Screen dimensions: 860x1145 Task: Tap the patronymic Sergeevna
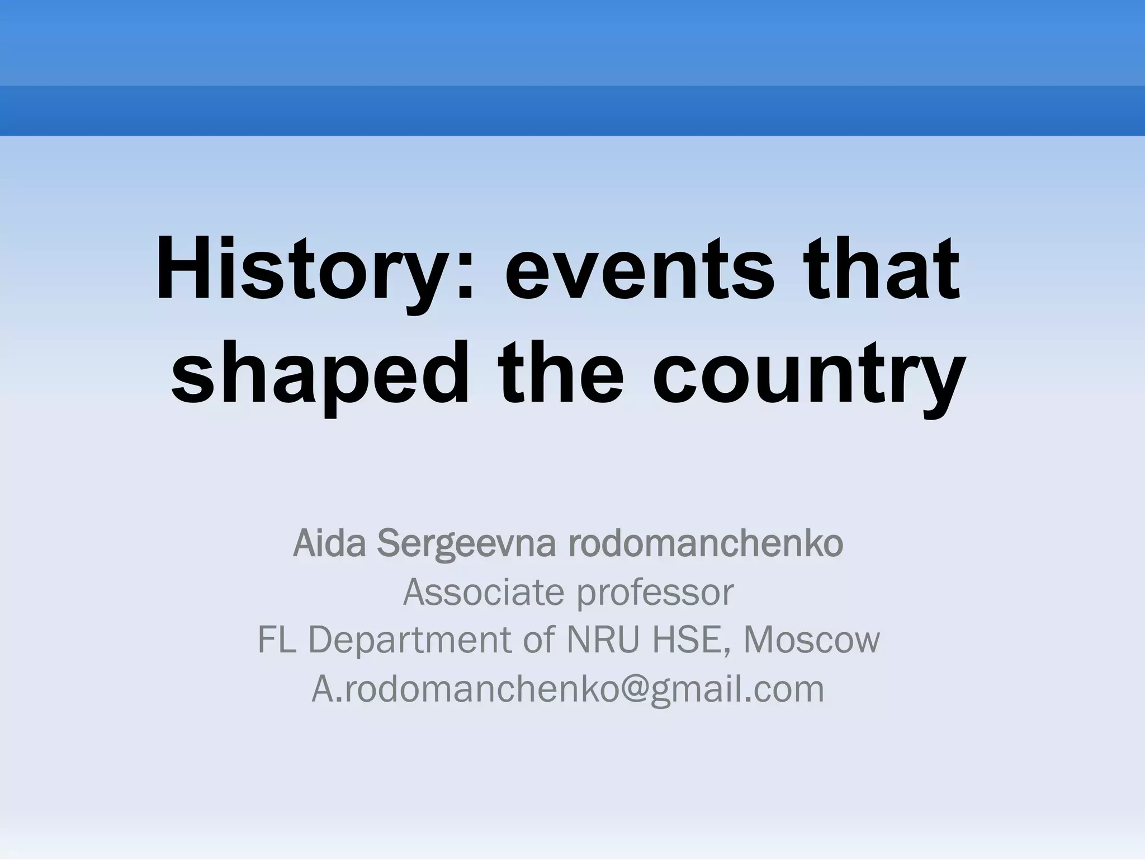(467, 544)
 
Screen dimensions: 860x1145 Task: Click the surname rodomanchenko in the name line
(706, 543)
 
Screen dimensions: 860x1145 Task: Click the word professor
(655, 593)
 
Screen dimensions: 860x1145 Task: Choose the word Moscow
(811, 640)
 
